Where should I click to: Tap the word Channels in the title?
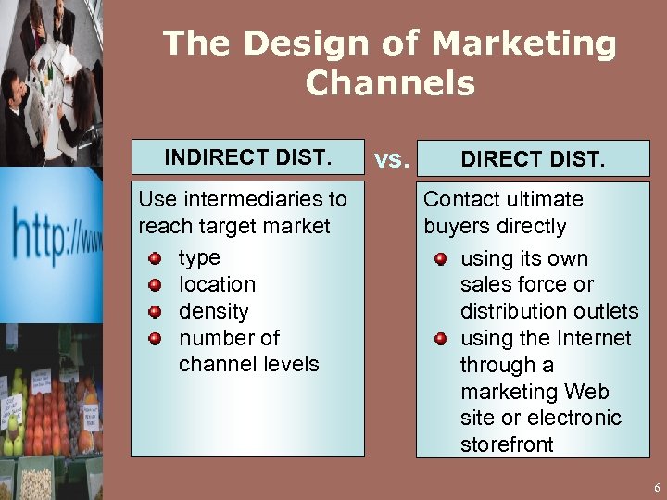389,83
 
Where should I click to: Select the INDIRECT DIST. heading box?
247,157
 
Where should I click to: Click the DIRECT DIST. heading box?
533,159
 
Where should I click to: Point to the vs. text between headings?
391,159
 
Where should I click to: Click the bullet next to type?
157,258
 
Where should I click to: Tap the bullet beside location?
157,285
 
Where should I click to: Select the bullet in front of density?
157,312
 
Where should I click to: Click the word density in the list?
213,311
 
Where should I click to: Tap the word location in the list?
217,284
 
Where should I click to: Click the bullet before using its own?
442,259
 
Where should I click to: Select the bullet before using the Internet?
442,339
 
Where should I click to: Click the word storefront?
507,444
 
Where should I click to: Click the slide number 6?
656,487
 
